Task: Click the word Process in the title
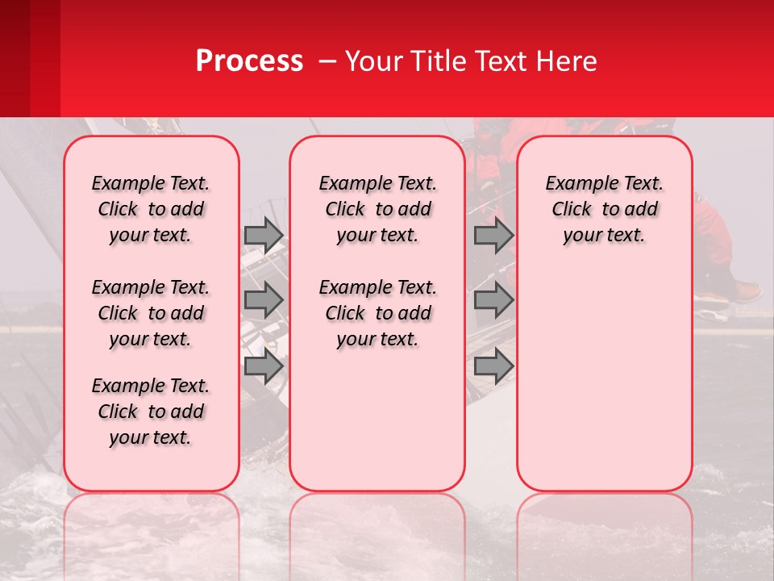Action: [x=249, y=61]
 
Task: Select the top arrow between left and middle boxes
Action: [x=264, y=236]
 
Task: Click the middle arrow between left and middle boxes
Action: [x=264, y=300]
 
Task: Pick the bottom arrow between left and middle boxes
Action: [x=264, y=366]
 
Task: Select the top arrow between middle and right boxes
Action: [x=493, y=236]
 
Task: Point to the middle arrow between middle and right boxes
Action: [x=493, y=300]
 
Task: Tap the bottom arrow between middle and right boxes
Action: [x=493, y=366]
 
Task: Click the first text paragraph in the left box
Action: [x=151, y=209]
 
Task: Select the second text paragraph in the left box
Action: [x=151, y=313]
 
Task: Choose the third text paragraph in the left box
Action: [x=151, y=412]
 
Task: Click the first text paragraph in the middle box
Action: [x=377, y=209]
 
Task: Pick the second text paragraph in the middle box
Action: [x=377, y=313]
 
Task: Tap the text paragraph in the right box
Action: [x=604, y=209]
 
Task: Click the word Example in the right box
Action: [x=575, y=184]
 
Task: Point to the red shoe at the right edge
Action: [x=746, y=290]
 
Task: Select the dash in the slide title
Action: [x=328, y=61]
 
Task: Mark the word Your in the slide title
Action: [x=374, y=61]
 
